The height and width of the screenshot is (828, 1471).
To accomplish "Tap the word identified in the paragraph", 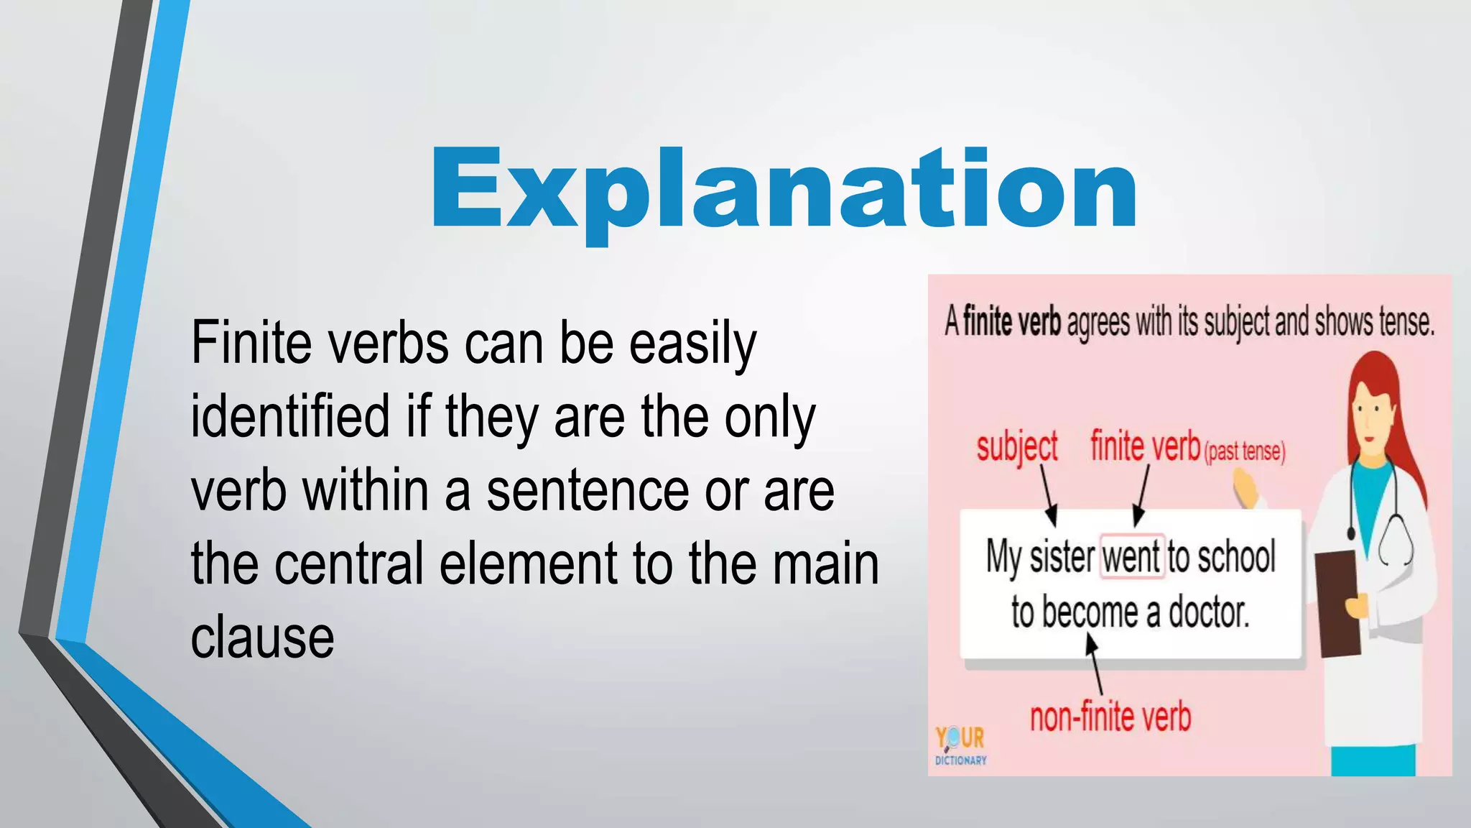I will (x=289, y=417).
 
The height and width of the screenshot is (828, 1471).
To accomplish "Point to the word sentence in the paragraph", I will (x=588, y=491).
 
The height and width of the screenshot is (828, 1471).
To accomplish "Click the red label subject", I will (x=1017, y=447).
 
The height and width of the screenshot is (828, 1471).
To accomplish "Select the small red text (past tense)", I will (x=1245, y=451).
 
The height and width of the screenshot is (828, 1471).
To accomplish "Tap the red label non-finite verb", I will (x=1110, y=717).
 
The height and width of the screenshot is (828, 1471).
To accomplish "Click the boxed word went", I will (x=1131, y=557).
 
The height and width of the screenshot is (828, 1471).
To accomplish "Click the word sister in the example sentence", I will (x=1062, y=557).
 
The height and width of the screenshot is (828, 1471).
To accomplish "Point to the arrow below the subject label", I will (x=1048, y=496).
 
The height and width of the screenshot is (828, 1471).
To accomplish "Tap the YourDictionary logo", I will (x=960, y=745).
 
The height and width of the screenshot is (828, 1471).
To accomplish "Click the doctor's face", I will (x=1370, y=417).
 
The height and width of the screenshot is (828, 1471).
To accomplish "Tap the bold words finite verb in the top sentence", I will (x=1011, y=321).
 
